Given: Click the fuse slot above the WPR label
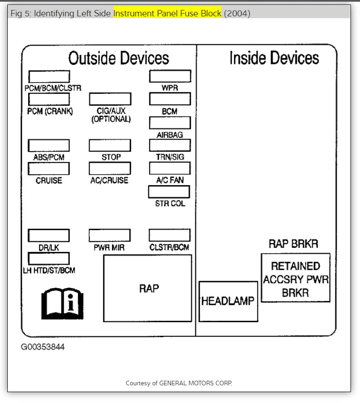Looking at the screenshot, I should pyautogui.click(x=170, y=76).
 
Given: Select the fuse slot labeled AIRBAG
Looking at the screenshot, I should pyautogui.click(x=170, y=123).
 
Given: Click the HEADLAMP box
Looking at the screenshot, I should pyautogui.click(x=228, y=301).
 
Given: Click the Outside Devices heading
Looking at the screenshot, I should pyautogui.click(x=118, y=58).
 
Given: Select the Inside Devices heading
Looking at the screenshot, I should pyautogui.click(x=274, y=58).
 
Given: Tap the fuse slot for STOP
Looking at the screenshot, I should pyautogui.click(x=110, y=145).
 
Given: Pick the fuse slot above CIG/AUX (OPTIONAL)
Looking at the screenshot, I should pyautogui.click(x=110, y=99).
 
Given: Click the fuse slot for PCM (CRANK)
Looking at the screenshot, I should pyautogui.click(x=49, y=99).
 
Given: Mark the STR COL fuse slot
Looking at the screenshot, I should pyautogui.click(x=169, y=192).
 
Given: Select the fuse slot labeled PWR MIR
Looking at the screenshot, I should pyautogui.click(x=109, y=236).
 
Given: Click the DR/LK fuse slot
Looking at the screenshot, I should pyautogui.click(x=49, y=236).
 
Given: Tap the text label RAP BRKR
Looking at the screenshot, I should pyautogui.click(x=293, y=244).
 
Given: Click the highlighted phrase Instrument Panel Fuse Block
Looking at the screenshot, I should pyautogui.click(x=167, y=13).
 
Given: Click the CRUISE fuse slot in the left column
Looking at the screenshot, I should pyautogui.click(x=49, y=168).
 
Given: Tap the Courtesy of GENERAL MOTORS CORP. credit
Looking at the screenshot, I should pyautogui.click(x=179, y=383).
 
